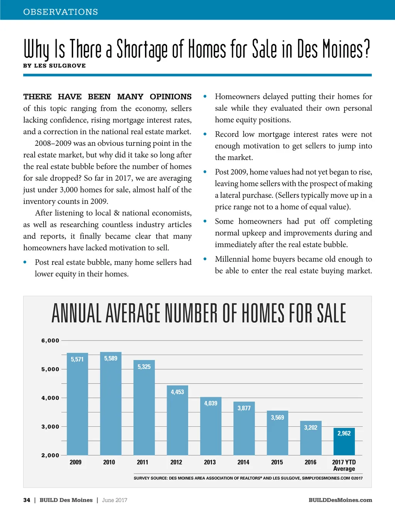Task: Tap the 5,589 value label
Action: point(111,358)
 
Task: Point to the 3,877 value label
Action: point(244,408)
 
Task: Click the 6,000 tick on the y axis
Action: point(50,341)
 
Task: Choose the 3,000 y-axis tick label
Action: point(50,427)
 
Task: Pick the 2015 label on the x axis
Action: point(277,462)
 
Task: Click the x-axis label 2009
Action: point(76,462)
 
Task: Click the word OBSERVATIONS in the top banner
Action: point(61,12)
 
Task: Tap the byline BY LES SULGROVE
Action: point(54,66)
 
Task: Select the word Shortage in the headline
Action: point(142,50)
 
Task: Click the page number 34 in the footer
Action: point(27,500)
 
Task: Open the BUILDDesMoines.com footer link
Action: point(340,500)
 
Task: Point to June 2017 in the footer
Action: point(115,500)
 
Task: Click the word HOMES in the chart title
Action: point(263,313)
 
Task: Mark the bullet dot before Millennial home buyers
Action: point(205,259)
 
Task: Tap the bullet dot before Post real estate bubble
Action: point(25,262)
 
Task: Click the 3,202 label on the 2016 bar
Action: point(311,427)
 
